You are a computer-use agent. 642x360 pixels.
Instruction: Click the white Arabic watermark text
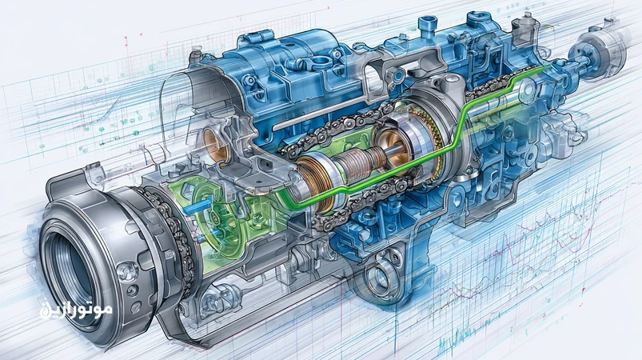(x=76, y=310)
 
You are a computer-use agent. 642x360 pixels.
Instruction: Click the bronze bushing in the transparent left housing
(x=217, y=146)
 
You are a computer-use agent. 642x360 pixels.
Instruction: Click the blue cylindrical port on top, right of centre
(x=428, y=24)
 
